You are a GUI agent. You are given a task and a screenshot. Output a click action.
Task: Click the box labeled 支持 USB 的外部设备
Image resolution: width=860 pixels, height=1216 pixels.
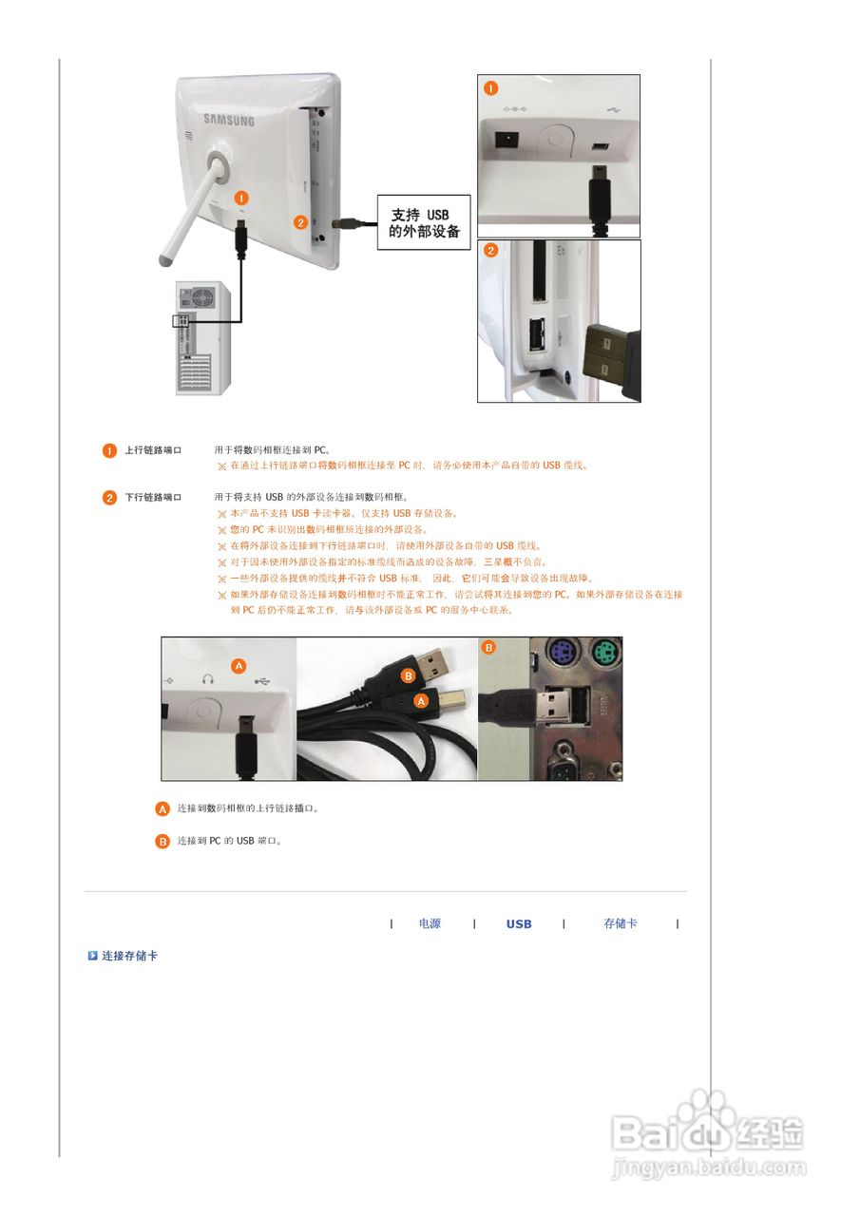tap(424, 223)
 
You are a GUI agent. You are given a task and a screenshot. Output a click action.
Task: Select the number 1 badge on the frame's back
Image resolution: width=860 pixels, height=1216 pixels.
tap(241, 197)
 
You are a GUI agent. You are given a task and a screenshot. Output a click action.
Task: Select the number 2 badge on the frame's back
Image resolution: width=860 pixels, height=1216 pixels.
tap(300, 223)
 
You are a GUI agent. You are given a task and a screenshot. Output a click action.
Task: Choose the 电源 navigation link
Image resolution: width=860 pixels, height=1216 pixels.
tap(430, 923)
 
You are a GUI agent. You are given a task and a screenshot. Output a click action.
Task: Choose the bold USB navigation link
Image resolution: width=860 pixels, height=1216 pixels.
tap(519, 923)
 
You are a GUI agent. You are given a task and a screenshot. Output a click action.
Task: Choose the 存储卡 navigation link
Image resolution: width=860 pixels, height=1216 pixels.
tap(621, 923)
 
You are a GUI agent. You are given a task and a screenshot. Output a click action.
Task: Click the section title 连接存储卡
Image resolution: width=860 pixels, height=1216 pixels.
tap(130, 956)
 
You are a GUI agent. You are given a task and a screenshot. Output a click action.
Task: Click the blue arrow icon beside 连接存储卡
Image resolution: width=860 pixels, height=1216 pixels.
tap(93, 956)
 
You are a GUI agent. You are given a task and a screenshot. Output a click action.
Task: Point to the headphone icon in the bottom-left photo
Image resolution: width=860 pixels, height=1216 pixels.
tap(207, 679)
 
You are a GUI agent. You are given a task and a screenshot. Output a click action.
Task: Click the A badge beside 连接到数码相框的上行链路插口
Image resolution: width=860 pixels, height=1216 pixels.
tap(162, 809)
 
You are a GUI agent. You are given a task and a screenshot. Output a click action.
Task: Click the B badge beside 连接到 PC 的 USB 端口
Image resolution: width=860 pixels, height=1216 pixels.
tap(162, 841)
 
